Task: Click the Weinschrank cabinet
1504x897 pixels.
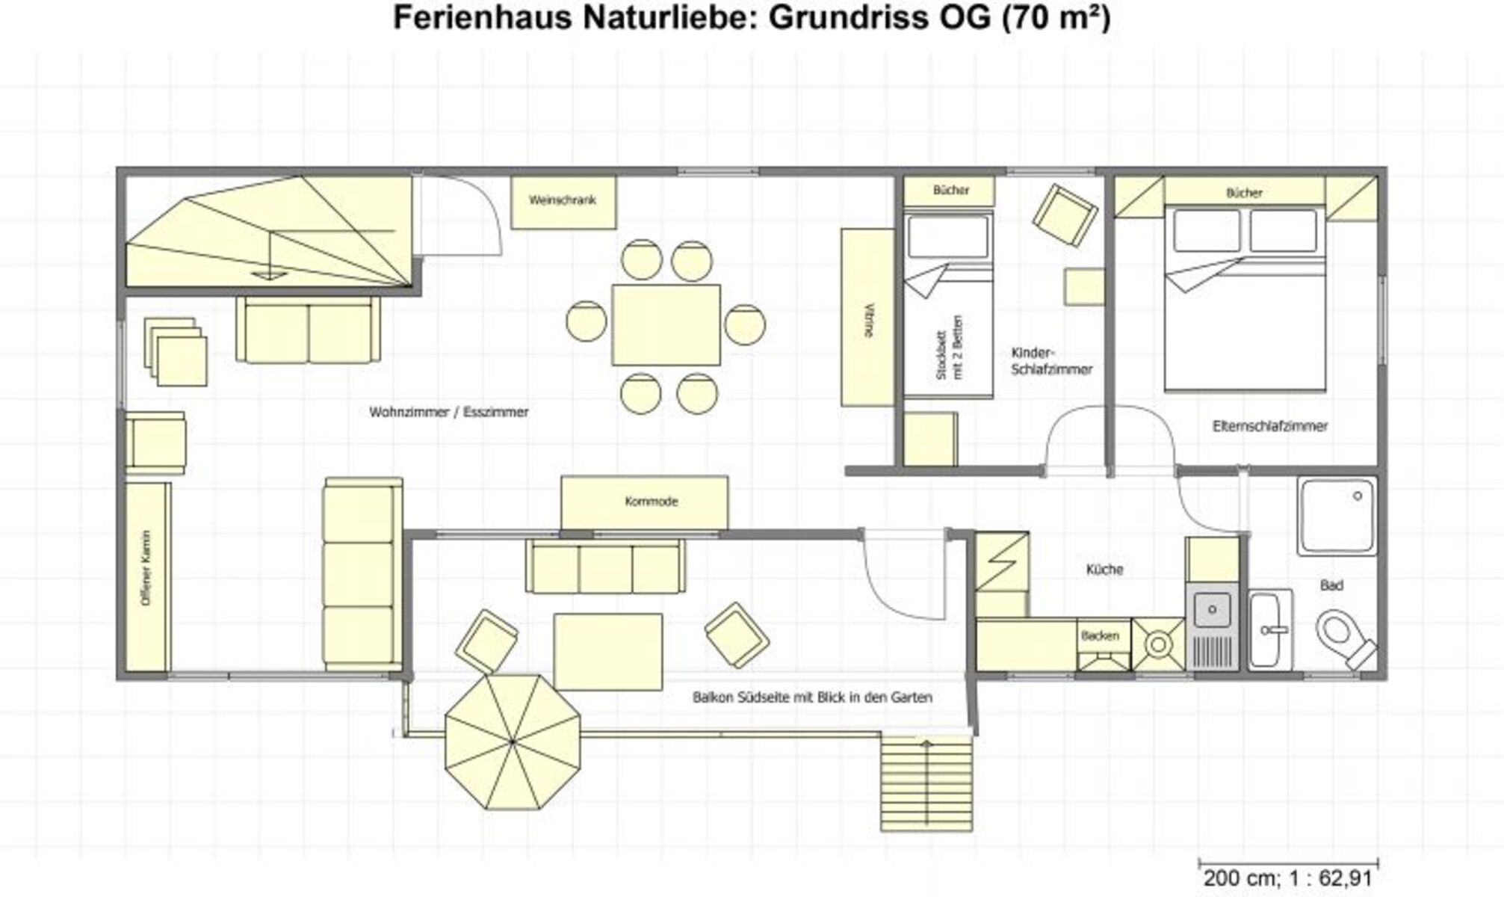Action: point(563,202)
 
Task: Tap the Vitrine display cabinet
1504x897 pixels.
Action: point(867,317)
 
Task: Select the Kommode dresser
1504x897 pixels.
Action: point(645,502)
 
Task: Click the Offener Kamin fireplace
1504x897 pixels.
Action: point(147,576)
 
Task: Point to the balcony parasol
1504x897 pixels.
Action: point(513,742)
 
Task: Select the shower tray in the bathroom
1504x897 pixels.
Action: point(1337,516)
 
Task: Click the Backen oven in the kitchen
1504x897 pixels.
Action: point(1104,644)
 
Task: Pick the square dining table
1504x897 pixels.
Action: point(666,324)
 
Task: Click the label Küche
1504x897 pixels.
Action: point(1104,570)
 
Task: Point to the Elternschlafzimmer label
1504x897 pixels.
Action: point(1270,426)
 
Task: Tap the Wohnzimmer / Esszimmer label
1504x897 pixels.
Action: point(449,412)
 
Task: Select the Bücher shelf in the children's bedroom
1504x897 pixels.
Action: point(950,191)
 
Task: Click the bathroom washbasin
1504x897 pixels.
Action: point(1271,629)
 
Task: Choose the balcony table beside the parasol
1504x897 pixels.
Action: point(607,652)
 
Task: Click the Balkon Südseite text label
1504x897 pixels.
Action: point(812,697)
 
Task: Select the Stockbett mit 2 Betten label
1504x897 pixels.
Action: point(950,347)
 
